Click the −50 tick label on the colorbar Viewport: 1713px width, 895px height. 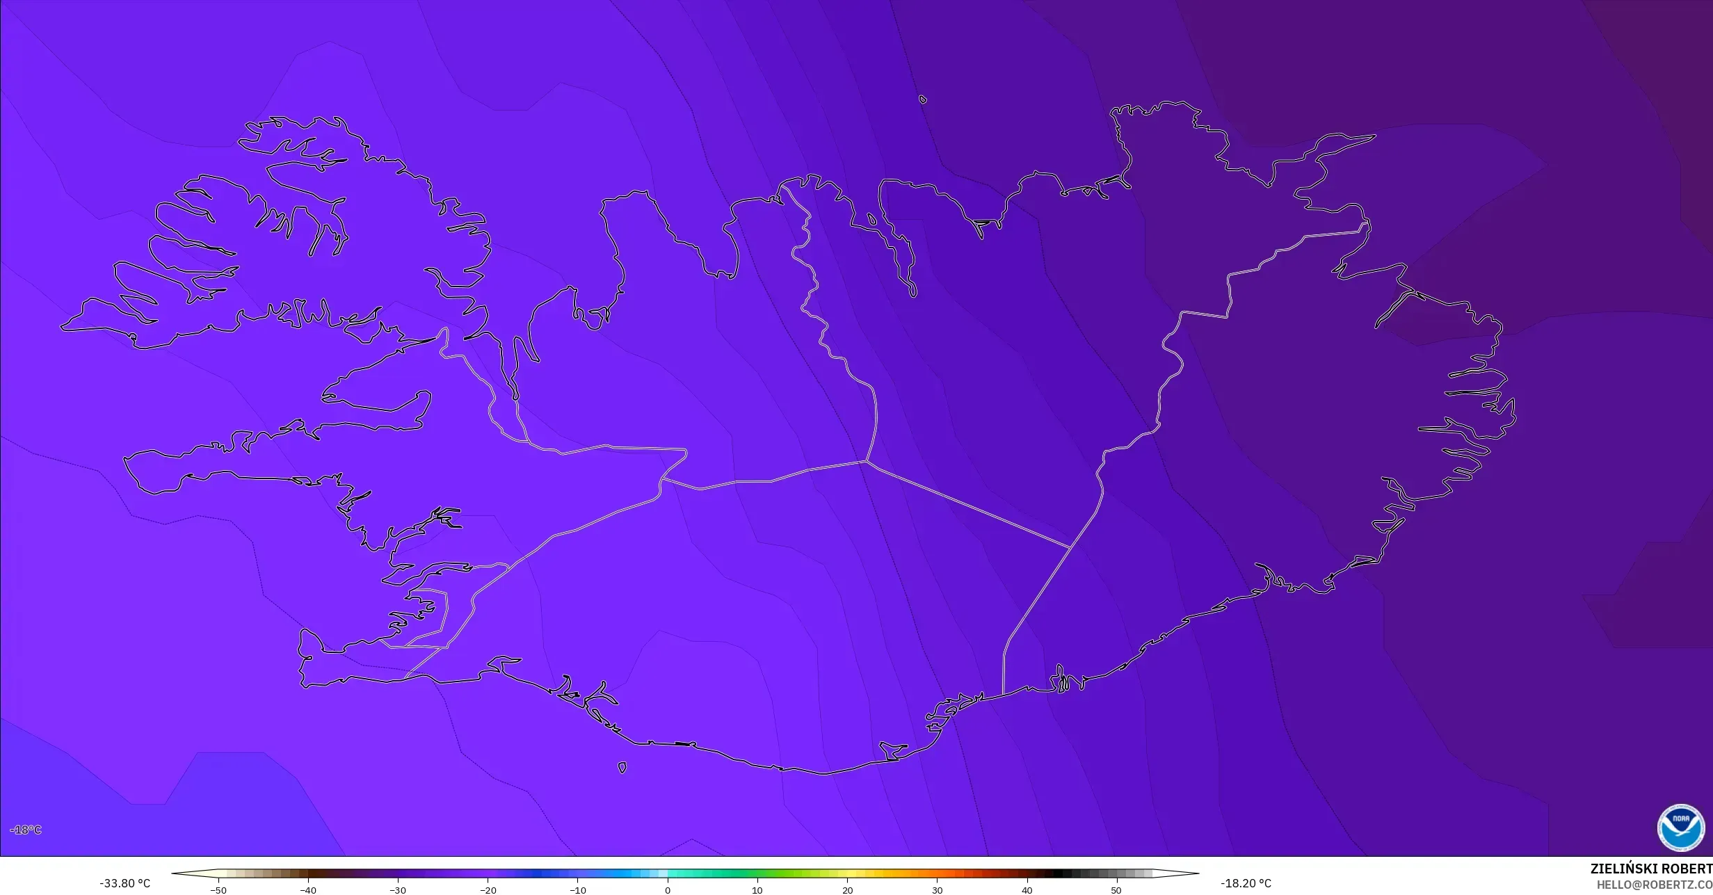point(218,890)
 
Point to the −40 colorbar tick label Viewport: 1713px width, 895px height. point(307,890)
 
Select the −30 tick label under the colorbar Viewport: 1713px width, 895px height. point(397,890)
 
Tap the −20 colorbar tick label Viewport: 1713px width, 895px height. point(488,890)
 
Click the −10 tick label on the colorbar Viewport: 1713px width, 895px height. point(577,890)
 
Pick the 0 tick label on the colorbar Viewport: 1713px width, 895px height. point(668,890)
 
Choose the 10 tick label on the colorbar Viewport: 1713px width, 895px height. point(757,890)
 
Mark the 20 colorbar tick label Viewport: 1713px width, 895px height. point(847,890)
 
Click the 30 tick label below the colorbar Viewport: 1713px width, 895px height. point(937,890)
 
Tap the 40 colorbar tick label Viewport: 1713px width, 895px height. point(1027,890)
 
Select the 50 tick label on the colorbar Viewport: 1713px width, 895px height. point(1116,890)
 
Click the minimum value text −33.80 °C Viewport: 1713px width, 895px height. point(124,883)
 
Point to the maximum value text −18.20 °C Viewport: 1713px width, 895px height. point(1246,883)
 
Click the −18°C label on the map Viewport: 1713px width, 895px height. point(26,830)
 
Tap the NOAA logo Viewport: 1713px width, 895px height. point(1680,828)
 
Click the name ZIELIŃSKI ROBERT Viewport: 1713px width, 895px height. point(1650,869)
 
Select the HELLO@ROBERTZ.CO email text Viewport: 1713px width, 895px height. point(1654,885)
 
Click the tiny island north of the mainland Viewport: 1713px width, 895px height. point(923,99)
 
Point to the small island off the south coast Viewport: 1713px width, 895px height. point(622,768)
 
